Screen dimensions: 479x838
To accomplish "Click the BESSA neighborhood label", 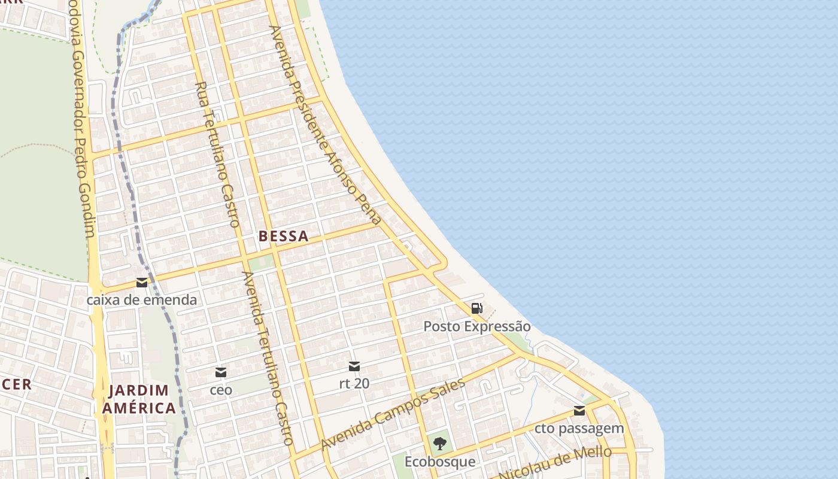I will click(x=283, y=237).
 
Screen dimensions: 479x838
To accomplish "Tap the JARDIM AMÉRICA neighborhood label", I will click(x=139, y=399).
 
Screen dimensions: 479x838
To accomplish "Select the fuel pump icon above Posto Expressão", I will click(x=476, y=309).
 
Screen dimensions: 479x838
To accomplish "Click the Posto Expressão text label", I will click(x=476, y=327).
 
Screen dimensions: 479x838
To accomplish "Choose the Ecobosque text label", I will click(x=440, y=462).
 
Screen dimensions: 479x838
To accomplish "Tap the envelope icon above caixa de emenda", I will click(x=142, y=283).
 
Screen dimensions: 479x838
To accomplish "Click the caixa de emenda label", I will click(x=142, y=300).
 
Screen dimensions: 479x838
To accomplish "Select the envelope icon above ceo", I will click(x=221, y=372).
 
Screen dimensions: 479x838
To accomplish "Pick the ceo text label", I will click(x=221, y=390).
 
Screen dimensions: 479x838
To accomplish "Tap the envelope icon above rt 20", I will click(x=354, y=366).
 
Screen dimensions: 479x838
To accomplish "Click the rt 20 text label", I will click(x=354, y=384).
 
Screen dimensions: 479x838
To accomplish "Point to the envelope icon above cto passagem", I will click(x=579, y=411).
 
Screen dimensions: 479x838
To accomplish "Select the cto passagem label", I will click(x=579, y=429).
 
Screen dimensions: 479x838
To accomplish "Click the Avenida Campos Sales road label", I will click(x=393, y=415).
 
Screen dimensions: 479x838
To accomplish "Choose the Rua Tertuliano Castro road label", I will click(x=218, y=154).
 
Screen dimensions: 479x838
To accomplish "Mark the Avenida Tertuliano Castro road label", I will click(x=267, y=358).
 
